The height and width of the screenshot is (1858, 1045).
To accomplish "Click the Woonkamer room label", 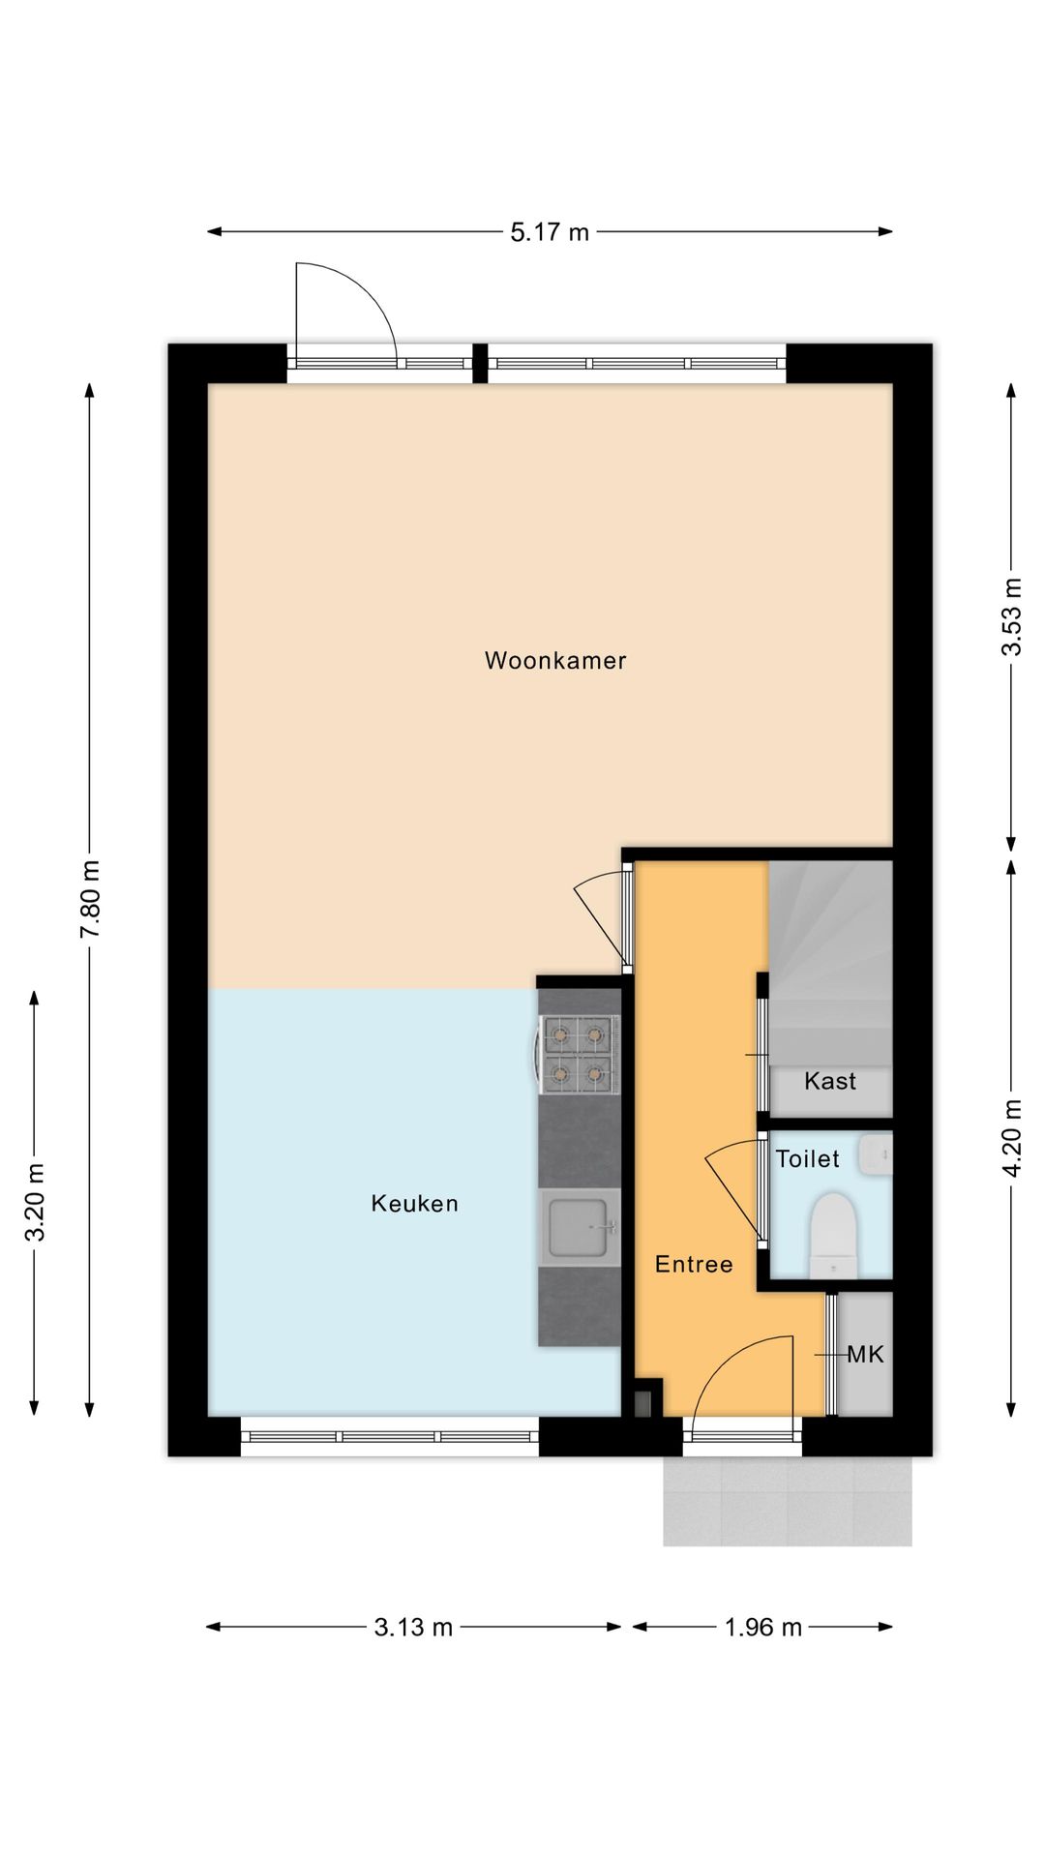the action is coord(555,661).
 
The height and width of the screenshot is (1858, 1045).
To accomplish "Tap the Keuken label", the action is coord(414,1204).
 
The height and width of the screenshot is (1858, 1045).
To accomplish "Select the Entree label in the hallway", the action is coord(694,1264).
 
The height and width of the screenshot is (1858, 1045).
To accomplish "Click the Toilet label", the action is coord(808,1158).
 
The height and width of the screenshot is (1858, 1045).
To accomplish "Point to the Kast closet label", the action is coord(830,1081).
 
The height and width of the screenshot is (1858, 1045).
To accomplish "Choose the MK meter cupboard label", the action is coord(866,1355).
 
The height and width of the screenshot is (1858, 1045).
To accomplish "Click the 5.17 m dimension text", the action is coord(550,232).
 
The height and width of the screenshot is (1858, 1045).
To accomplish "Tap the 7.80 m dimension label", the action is coord(90,899).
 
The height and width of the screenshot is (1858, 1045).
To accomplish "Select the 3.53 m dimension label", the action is coord(1011,616).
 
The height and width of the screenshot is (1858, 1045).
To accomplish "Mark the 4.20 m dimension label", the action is coord(1011,1138).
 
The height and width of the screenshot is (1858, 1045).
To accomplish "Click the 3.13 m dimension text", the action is coord(413,1628).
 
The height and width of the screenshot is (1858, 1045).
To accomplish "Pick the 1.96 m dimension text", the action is coord(763,1628).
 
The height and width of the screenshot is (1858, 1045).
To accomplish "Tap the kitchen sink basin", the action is coord(579,1228).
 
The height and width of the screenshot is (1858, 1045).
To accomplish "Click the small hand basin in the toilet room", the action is coord(875,1154).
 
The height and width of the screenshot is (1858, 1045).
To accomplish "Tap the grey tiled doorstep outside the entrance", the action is coord(788,1501).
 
